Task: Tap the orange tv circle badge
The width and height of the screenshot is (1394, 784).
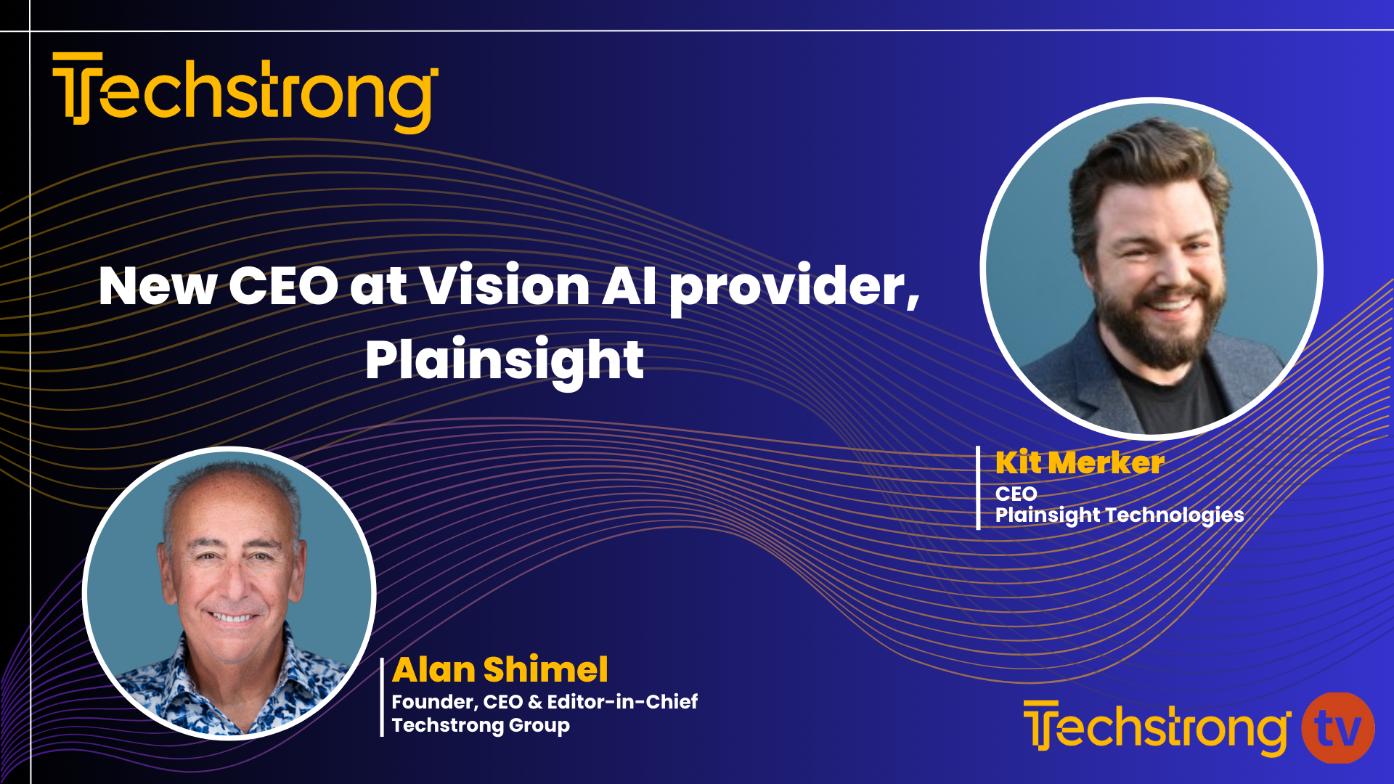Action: click(1337, 728)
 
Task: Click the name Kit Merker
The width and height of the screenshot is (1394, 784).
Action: click(1080, 463)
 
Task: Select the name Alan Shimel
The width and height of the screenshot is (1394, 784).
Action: click(500, 669)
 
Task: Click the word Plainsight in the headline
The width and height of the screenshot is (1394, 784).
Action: click(504, 361)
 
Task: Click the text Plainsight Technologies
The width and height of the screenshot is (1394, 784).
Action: click(1119, 515)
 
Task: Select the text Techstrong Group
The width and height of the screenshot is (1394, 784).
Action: click(481, 725)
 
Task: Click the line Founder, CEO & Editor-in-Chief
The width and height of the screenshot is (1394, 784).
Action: click(545, 701)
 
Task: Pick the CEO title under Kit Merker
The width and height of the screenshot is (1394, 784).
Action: click(1016, 494)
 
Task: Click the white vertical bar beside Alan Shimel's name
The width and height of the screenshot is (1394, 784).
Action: click(382, 697)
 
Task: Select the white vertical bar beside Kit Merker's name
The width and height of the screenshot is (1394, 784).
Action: click(978, 488)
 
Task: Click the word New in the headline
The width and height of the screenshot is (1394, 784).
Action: click(158, 286)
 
